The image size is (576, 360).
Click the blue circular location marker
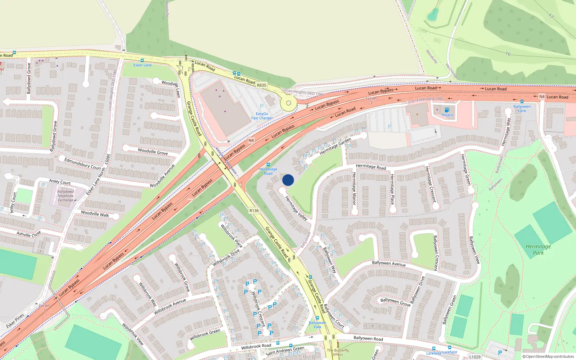288,180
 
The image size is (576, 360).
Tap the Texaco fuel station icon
447,110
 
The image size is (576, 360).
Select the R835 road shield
262,85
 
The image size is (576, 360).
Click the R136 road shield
254,211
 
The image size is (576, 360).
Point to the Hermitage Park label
538,249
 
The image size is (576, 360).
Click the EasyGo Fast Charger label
262,116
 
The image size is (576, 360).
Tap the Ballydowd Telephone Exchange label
66,196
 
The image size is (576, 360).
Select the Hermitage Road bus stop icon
268,165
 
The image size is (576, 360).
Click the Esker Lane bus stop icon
142,60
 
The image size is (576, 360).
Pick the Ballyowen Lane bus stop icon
522,102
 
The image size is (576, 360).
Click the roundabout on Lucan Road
288,103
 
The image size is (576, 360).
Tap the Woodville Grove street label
153,151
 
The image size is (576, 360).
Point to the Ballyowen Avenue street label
388,264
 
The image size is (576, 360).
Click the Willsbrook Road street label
256,346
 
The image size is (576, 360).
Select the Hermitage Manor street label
354,189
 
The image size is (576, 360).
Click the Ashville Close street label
29,234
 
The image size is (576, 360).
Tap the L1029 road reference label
474,357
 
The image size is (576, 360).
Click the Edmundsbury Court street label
82,164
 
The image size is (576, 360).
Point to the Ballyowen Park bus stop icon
317,318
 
